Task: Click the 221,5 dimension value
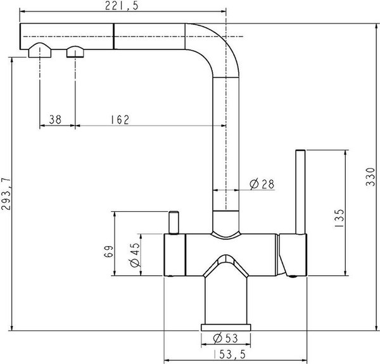coord(122,6)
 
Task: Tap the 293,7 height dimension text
coord(6,194)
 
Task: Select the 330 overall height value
coord(370,177)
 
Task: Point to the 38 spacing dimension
coord(55,120)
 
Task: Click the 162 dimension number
coord(120,120)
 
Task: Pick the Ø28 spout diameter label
coord(262,184)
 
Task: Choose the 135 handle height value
coord(339,218)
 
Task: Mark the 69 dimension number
coord(108,252)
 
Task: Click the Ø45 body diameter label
coord(136,255)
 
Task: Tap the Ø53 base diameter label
coord(225,338)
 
